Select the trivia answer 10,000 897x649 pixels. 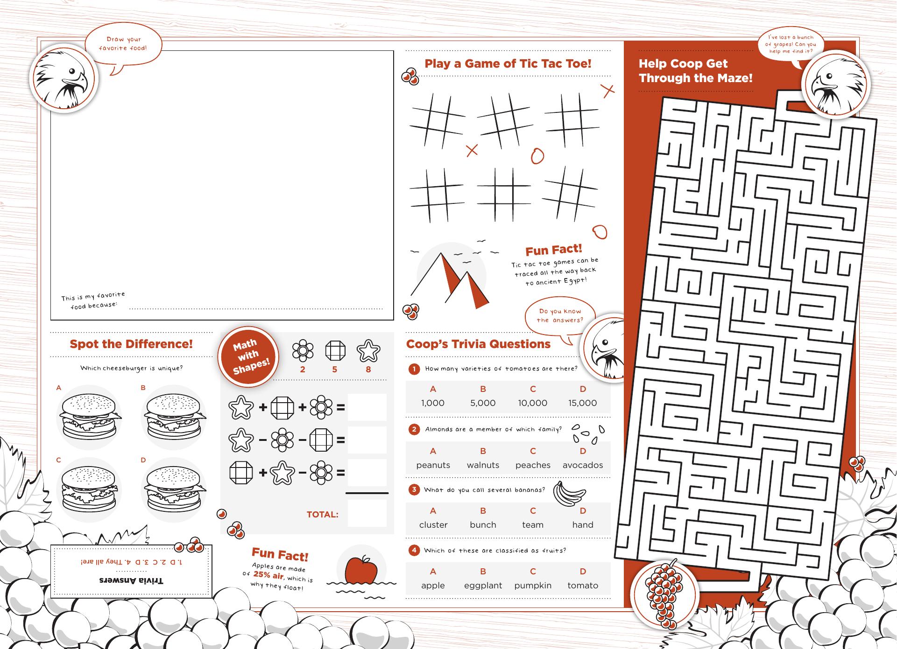pyautogui.click(x=533, y=403)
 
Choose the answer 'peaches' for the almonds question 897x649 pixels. pyautogui.click(x=533, y=465)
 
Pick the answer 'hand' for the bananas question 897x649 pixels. pyautogui.click(x=583, y=525)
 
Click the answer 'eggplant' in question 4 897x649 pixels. pyautogui.click(x=483, y=586)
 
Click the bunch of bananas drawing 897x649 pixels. pyautogui.click(x=568, y=494)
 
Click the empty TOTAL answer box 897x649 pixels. pyautogui.click(x=367, y=513)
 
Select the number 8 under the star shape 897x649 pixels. pyautogui.click(x=368, y=370)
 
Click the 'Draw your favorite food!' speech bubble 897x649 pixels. pyautogui.click(x=123, y=45)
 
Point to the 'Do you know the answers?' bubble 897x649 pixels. pyautogui.click(x=560, y=317)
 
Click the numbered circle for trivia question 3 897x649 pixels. pyautogui.click(x=414, y=490)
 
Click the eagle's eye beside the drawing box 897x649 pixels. pyautogui.click(x=72, y=72)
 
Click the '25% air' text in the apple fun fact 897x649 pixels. pyautogui.click(x=268, y=575)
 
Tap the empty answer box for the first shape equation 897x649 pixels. pyautogui.click(x=367, y=407)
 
